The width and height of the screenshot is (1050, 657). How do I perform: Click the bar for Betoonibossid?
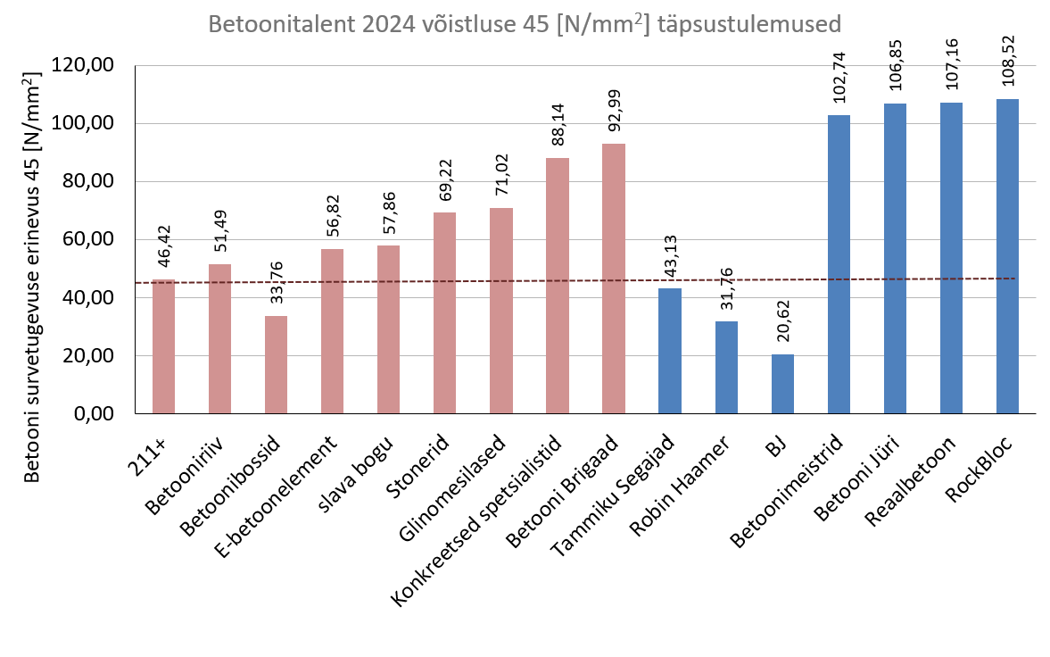[276, 365]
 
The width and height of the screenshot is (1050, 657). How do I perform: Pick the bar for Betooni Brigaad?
[613, 279]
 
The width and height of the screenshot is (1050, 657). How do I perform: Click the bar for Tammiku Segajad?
[669, 351]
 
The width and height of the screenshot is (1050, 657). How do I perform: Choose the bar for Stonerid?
[444, 313]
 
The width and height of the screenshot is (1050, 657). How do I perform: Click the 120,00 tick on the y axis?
[92, 66]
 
